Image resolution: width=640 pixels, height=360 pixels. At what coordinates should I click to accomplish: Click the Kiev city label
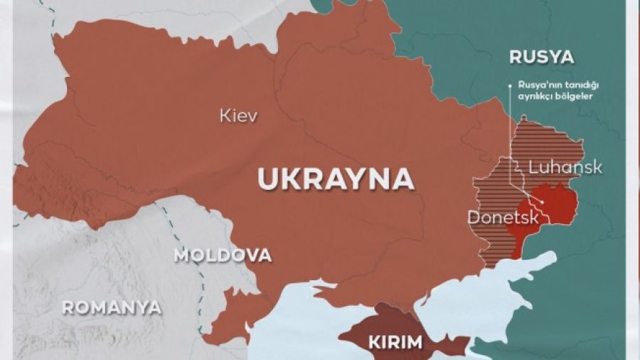tap(238, 115)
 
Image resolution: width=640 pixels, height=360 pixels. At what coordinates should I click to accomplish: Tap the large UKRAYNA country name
tap(336, 179)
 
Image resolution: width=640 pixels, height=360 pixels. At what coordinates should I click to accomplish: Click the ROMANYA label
tap(111, 308)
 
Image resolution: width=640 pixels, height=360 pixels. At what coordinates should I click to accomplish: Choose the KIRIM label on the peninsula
tap(395, 342)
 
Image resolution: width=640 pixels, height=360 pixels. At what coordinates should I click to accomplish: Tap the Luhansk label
tap(565, 168)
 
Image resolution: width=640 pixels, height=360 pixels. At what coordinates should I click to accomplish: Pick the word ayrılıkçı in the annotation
tap(535, 96)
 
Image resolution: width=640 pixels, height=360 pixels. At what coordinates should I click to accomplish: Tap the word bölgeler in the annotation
tap(575, 96)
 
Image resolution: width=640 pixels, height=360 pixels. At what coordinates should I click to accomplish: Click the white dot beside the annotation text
tap(510, 86)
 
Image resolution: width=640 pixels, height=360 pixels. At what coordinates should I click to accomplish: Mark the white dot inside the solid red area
tap(544, 202)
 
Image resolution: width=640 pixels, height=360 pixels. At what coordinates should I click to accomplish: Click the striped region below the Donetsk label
tap(501, 245)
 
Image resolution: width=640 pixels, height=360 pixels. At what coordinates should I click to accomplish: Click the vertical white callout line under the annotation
tap(510, 128)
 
